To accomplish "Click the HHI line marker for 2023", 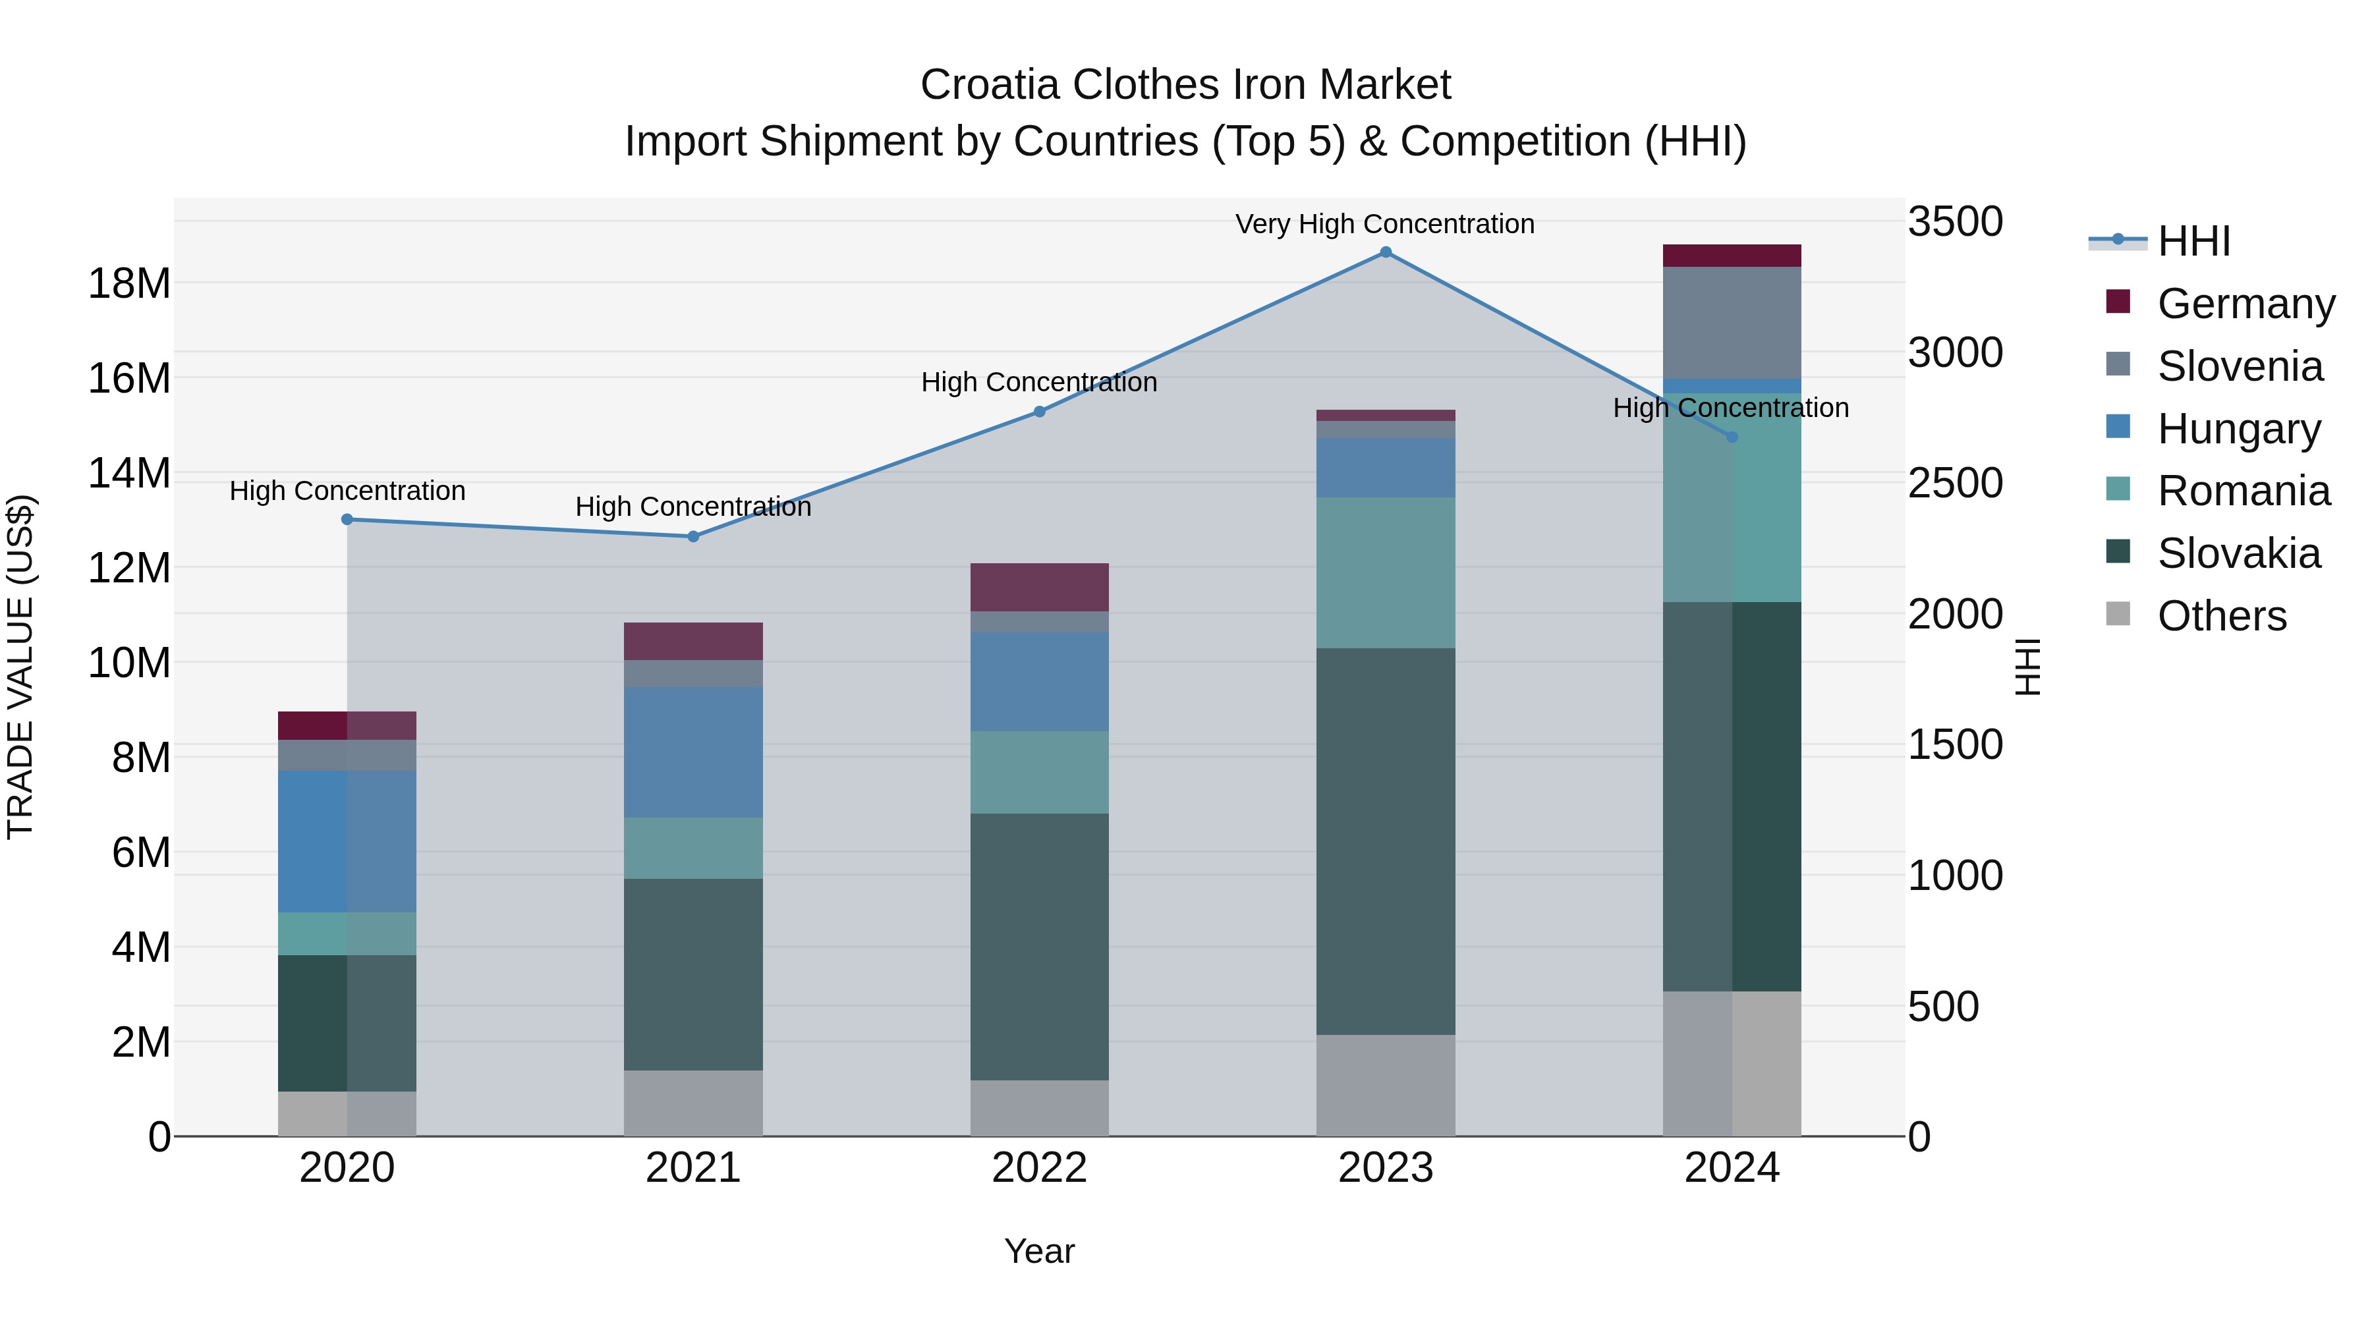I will (x=1385, y=252).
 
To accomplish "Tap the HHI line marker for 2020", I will (x=347, y=519).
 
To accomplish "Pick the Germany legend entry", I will (x=2245, y=304).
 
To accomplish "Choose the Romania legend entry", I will (x=2243, y=491).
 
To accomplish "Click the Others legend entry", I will (x=2221, y=616).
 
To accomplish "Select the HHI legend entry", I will (x=2193, y=241).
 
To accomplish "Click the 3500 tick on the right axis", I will (x=1955, y=222).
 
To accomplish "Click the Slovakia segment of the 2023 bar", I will (x=1385, y=841).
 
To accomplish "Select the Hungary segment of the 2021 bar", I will (x=693, y=752).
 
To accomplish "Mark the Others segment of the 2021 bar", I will (x=693, y=1103).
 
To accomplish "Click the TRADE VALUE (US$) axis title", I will (x=20, y=667).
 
